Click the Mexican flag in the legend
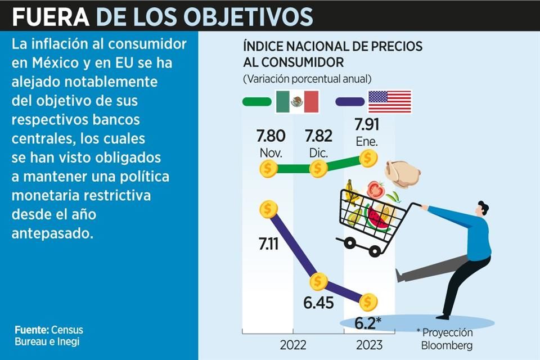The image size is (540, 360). (297, 102)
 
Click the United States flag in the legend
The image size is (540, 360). (389, 102)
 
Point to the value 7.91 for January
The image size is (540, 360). (370, 124)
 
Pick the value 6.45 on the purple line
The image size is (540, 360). (318, 303)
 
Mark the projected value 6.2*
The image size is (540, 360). (369, 323)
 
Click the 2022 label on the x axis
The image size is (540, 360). (293, 344)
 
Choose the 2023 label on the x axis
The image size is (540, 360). (368, 344)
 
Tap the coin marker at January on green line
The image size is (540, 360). (368, 158)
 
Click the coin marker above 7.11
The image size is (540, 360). (269, 209)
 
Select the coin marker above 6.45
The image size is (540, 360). (318, 281)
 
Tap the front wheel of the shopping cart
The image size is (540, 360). (350, 244)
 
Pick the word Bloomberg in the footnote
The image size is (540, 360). (444, 344)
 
